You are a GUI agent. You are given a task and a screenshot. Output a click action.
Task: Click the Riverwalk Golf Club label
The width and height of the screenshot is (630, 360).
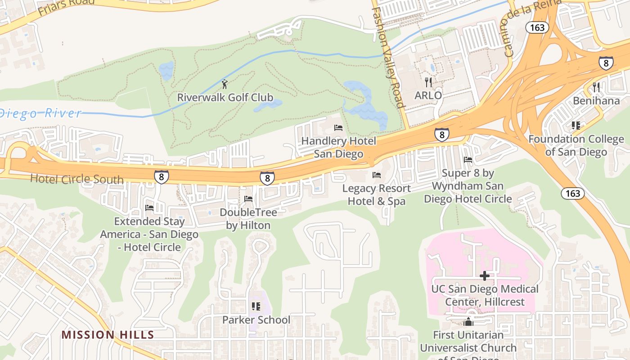tap(225, 97)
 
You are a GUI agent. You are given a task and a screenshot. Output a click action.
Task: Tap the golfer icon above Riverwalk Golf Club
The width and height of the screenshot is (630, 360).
tap(225, 84)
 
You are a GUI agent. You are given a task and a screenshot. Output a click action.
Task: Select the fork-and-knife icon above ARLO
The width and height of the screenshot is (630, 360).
tap(428, 82)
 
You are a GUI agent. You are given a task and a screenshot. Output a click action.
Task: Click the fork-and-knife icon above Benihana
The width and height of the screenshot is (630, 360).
tap(597, 87)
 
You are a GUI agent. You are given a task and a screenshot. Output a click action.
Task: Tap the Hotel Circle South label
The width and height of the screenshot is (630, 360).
tap(76, 179)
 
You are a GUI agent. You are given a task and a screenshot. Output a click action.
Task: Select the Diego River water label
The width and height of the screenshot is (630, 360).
tap(40, 112)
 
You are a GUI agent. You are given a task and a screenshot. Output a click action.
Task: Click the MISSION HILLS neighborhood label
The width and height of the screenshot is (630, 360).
tap(108, 335)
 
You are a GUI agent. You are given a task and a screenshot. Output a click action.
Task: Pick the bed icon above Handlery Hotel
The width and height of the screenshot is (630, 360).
tap(338, 128)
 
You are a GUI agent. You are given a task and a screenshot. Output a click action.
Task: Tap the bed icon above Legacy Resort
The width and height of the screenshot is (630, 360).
tap(377, 175)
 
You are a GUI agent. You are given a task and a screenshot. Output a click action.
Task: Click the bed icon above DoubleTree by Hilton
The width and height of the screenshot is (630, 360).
tap(248, 199)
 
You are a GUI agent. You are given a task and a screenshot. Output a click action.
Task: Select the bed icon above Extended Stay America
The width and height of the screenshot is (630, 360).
tap(149, 208)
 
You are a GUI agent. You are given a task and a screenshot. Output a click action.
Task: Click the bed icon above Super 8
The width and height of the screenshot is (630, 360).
tap(468, 160)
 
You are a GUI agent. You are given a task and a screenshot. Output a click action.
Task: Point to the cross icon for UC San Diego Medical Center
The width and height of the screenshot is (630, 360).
tap(485, 275)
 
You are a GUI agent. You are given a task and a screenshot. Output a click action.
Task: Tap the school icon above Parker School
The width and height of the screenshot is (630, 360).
tap(256, 306)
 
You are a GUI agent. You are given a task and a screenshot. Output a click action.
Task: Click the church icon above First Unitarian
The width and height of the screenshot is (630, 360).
tap(468, 322)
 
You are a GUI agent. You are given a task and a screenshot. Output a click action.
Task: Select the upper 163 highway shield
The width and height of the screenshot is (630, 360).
tap(537, 27)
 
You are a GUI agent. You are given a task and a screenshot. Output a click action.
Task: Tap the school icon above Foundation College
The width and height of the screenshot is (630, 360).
tap(576, 126)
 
